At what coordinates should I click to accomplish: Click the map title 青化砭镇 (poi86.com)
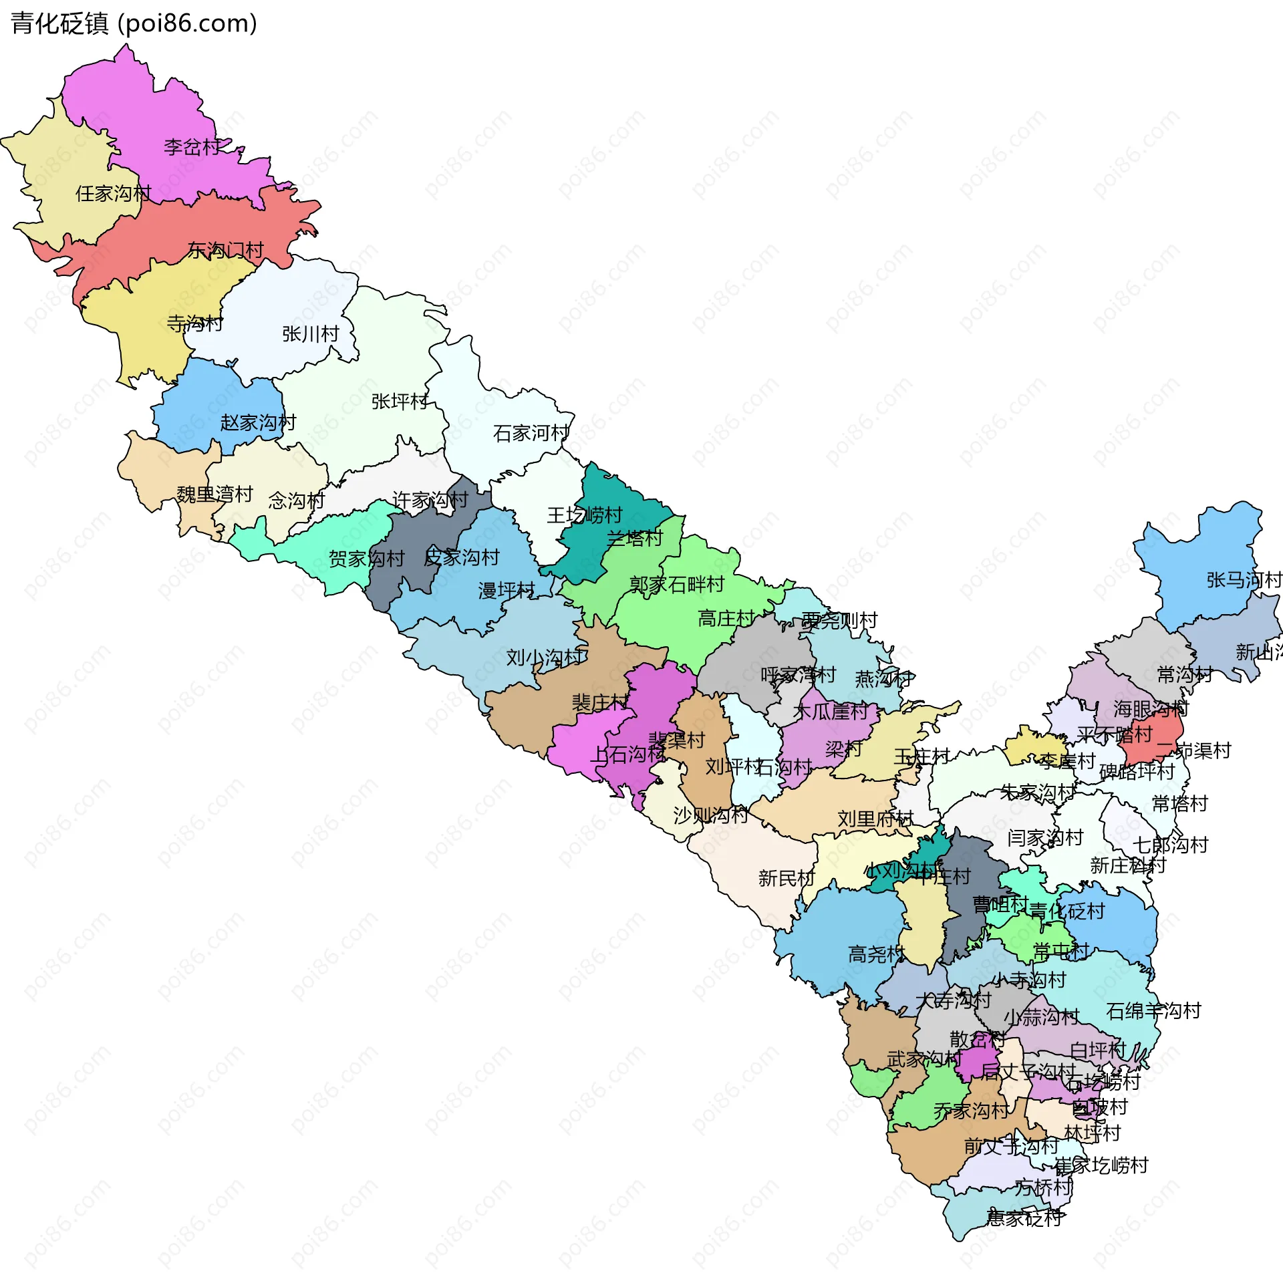pyautogui.click(x=134, y=24)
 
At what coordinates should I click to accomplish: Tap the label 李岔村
pyautogui.click(x=192, y=147)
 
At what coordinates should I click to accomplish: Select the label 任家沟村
pyautogui.click(x=113, y=194)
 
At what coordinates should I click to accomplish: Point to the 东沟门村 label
pyautogui.click(x=225, y=251)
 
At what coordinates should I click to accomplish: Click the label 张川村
pyautogui.click(x=310, y=333)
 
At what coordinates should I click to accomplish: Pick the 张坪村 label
pyautogui.click(x=399, y=401)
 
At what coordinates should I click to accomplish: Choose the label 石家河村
pyautogui.click(x=531, y=433)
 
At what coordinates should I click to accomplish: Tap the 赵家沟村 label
pyautogui.click(x=258, y=422)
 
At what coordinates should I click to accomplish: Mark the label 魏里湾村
pyautogui.click(x=215, y=494)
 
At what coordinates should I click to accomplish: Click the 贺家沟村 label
pyautogui.click(x=366, y=558)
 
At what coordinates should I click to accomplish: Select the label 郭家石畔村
pyautogui.click(x=676, y=585)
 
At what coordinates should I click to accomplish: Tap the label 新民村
pyautogui.click(x=787, y=878)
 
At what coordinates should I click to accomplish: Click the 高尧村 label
pyautogui.click(x=875, y=954)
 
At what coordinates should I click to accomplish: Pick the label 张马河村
pyautogui.click(x=1244, y=580)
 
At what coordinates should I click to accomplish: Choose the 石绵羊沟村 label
pyautogui.click(x=1153, y=1011)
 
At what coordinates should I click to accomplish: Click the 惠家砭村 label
pyautogui.click(x=1024, y=1218)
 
